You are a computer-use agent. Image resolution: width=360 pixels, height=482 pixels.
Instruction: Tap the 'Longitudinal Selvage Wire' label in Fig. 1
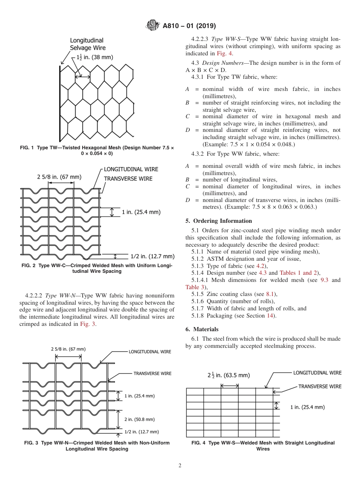pos(88,44)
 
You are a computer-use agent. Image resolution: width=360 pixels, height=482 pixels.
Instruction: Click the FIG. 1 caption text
pos(97,150)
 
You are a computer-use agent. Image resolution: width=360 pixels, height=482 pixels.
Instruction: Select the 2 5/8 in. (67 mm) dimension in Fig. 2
pos(59,177)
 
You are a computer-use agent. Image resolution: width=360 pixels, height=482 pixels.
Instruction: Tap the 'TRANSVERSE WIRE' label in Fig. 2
pos(128,178)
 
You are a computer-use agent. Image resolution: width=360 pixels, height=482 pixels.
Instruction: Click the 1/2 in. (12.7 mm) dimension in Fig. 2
pos(152,256)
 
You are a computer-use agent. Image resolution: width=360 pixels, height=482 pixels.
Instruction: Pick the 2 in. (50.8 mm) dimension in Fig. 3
pos(139,419)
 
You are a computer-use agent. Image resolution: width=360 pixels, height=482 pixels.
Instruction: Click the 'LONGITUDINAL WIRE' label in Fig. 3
pos(150,352)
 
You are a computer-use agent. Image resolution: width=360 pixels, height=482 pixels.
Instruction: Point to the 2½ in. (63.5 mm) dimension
pos(229,376)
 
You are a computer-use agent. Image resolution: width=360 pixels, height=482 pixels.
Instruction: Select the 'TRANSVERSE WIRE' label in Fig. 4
pos(320,387)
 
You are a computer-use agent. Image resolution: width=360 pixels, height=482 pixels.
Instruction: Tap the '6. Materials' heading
pos(202,329)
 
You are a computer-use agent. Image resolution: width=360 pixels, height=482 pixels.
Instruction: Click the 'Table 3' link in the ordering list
pos(194,287)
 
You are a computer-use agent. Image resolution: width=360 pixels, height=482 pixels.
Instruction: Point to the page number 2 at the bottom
pos(180,466)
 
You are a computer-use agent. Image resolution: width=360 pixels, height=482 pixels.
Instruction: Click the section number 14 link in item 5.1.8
pos(270,316)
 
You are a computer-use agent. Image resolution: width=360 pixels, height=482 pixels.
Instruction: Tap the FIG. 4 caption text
pos(263,446)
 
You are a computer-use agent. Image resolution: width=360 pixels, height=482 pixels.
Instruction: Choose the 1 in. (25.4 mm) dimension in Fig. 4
pos(307,407)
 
